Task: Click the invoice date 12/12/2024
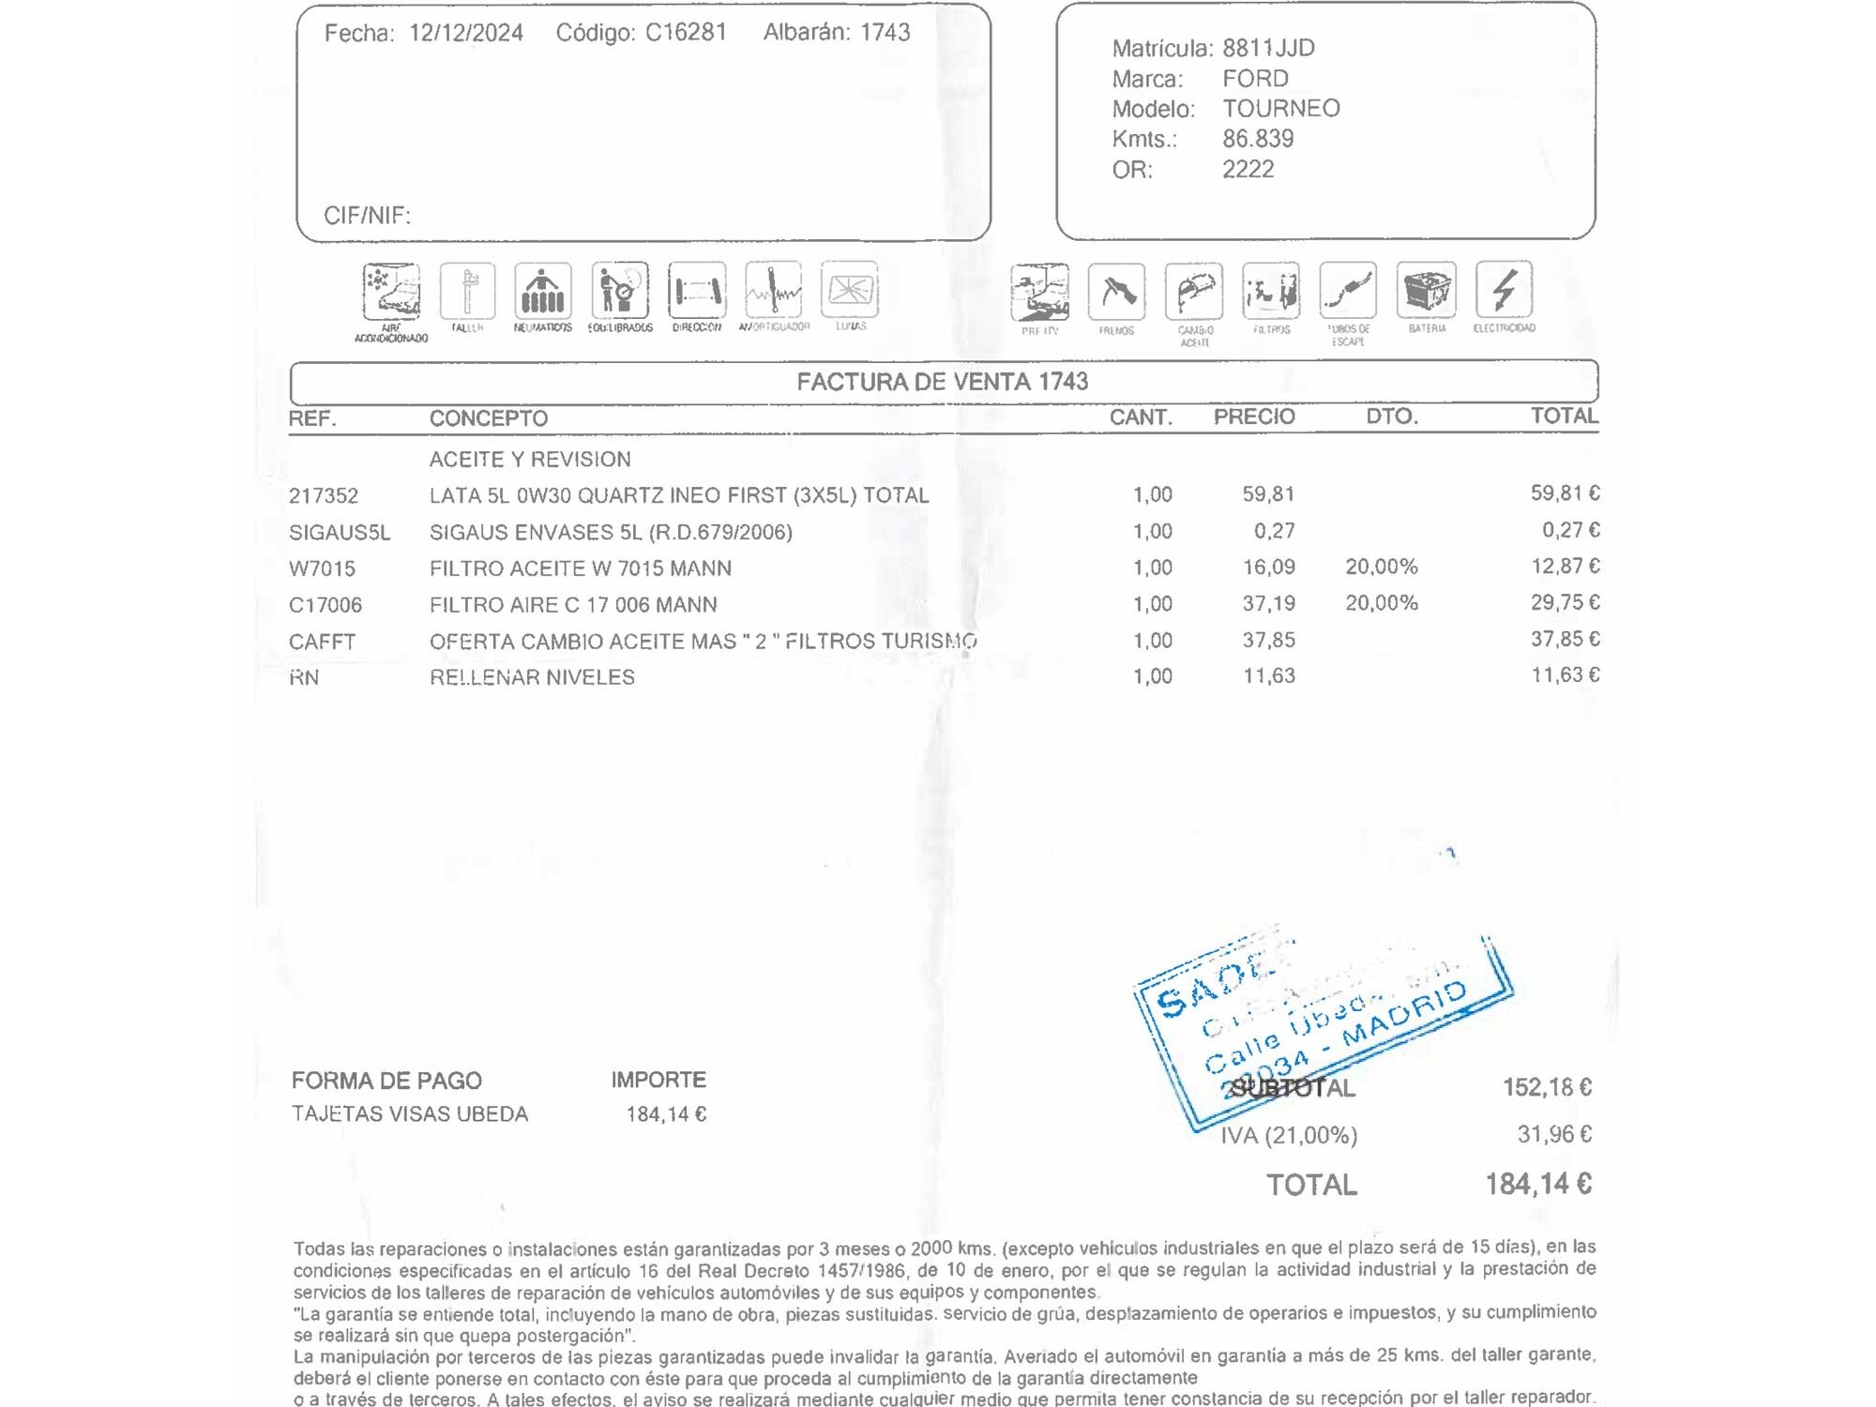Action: pos(466,33)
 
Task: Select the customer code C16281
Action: pos(686,33)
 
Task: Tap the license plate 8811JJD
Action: pos(1268,48)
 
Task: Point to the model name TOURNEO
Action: pos(1280,109)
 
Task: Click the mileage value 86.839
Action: pos(1257,139)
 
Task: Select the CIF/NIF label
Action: pos(367,216)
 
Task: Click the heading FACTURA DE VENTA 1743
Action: pos(942,382)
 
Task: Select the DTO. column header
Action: pos(1391,416)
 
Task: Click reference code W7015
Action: pos(322,568)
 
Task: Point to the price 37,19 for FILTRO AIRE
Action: pos(1268,603)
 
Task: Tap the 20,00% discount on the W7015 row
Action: pos(1381,567)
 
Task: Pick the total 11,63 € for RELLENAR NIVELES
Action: pos(1565,675)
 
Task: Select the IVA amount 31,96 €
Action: pos(1553,1134)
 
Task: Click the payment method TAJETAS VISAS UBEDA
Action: pos(410,1114)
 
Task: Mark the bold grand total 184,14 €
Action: pos(1537,1185)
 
